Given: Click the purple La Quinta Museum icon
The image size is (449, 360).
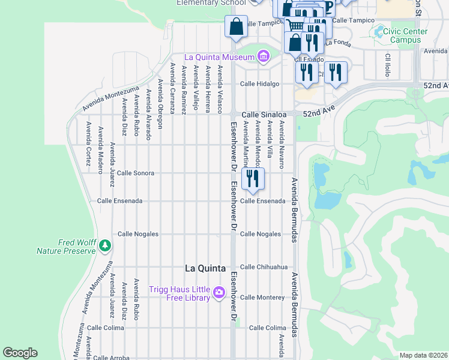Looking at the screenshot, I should [x=263, y=57].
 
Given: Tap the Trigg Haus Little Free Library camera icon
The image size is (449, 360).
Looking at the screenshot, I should [x=219, y=292].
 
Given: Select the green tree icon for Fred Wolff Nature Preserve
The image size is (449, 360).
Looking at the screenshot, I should [x=105, y=245].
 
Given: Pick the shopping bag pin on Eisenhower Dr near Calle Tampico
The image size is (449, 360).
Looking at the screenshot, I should [x=236, y=26].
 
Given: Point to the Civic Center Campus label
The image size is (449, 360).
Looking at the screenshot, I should [x=409, y=35].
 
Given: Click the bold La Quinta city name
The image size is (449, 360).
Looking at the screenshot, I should [x=205, y=268].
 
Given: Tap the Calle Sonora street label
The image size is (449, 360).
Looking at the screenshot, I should [x=136, y=173].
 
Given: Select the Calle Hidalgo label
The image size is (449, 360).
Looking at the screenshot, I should [x=261, y=84].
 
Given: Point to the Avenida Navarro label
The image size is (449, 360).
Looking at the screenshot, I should [x=281, y=140].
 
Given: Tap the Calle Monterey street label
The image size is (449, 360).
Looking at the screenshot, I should [x=262, y=297].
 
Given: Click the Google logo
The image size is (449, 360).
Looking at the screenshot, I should [x=20, y=353].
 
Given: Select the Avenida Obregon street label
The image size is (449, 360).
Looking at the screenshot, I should [x=160, y=103].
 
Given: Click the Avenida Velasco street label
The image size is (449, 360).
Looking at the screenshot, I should [x=220, y=89].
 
